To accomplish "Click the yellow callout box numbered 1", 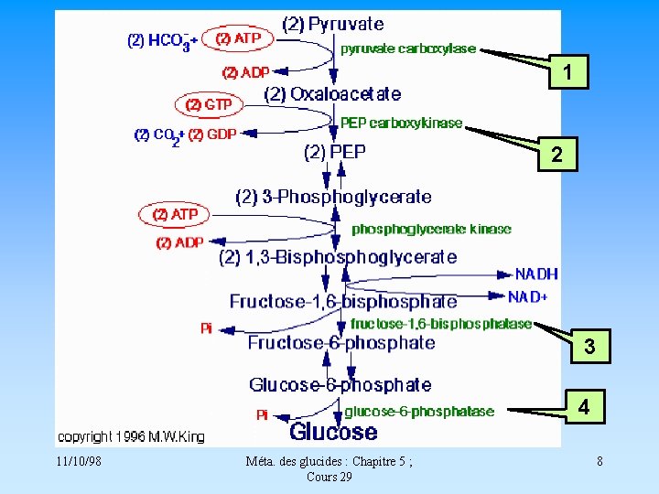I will (x=568, y=72).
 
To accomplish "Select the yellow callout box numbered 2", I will (x=556, y=156).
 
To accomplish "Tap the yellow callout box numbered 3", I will (x=589, y=347).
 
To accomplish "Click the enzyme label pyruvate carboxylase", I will (x=408, y=48).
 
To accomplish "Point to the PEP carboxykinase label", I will (x=402, y=123).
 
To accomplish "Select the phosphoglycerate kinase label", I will (x=431, y=229).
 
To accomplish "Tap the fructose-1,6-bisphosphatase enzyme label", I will (x=441, y=323).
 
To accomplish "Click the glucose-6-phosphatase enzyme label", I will (x=419, y=412).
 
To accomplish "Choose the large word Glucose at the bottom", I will (x=333, y=432).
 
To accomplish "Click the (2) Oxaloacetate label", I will (x=332, y=93).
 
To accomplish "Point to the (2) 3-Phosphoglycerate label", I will (x=333, y=197).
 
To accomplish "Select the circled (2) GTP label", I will (x=209, y=104).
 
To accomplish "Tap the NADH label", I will (x=536, y=274).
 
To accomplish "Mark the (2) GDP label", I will (x=212, y=134).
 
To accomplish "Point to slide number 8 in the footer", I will (x=600, y=461).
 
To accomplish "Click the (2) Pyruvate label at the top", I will (x=333, y=24).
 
